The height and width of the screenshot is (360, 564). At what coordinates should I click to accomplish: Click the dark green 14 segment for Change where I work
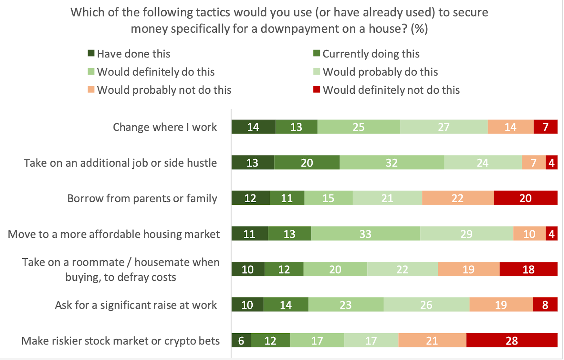coord(253,127)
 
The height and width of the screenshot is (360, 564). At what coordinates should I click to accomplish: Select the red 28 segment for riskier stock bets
coord(512,341)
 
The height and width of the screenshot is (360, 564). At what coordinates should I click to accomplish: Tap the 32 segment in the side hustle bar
coord(392,163)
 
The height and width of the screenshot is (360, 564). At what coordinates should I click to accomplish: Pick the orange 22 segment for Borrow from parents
coord(458,198)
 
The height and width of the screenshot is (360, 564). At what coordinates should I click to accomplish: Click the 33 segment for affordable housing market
coord(366,234)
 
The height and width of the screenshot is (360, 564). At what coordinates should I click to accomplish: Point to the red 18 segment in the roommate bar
coord(528,269)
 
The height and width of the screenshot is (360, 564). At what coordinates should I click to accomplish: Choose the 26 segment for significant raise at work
coord(426,305)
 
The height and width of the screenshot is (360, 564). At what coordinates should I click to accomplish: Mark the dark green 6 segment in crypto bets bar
coord(241,341)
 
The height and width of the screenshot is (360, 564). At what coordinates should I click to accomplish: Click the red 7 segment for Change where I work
coord(545,127)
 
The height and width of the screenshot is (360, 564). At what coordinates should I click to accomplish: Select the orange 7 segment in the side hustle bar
coord(533,163)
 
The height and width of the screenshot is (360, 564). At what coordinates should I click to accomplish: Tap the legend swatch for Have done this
coord(91,54)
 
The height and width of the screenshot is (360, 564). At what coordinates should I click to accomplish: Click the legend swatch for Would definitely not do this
coord(317,89)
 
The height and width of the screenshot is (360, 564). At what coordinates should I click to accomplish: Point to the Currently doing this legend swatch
coord(317,54)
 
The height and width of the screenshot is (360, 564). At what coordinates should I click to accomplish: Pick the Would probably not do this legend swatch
coord(91,89)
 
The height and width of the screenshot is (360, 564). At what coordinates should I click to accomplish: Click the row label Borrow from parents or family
coord(142,198)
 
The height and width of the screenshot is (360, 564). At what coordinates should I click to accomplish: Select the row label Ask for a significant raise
coord(136,305)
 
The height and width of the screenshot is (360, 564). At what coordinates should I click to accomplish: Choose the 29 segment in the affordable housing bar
coord(466,234)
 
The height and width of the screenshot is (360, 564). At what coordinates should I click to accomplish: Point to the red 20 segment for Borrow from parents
coord(525,198)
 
